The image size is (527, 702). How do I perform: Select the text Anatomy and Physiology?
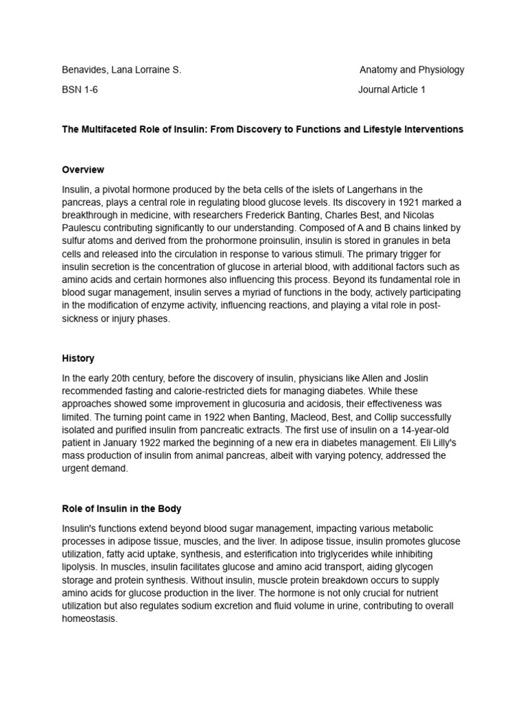(412, 69)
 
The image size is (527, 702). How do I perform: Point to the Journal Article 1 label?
(392, 89)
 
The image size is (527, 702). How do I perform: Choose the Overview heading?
(83, 169)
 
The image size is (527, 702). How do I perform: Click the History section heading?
(78, 358)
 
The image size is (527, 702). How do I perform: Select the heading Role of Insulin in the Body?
(121, 509)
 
